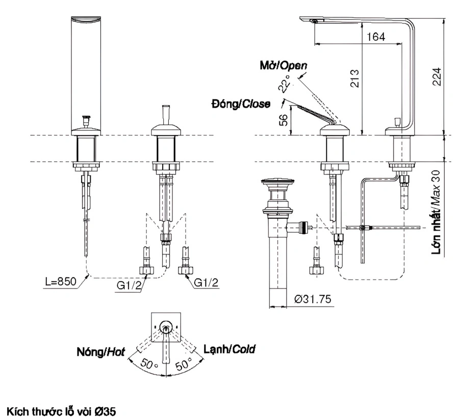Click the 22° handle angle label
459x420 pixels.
pyautogui.click(x=285, y=82)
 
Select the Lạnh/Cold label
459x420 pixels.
pyautogui.click(x=229, y=349)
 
